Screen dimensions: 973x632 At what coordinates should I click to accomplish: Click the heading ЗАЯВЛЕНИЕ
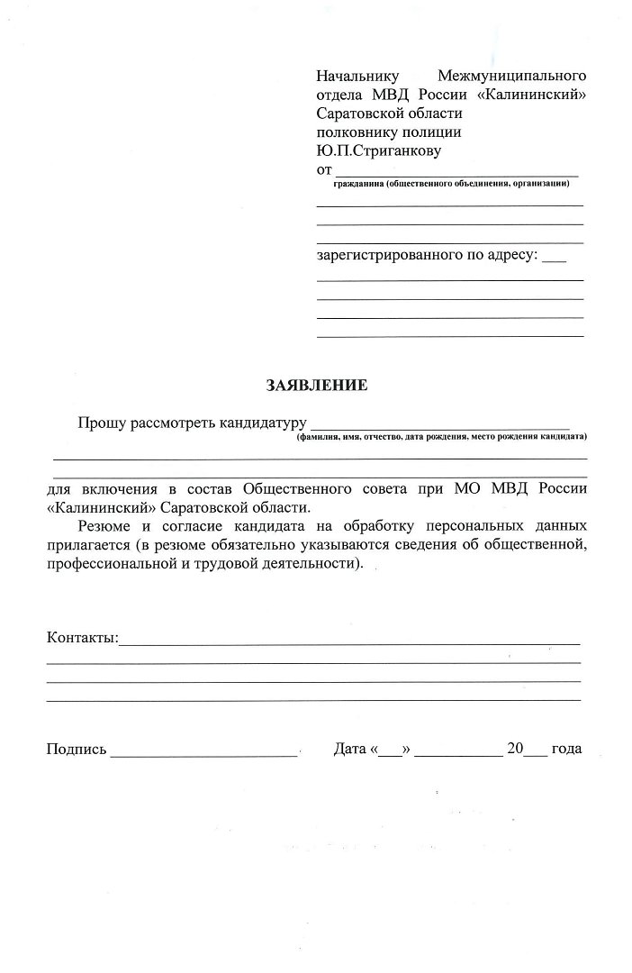(316, 386)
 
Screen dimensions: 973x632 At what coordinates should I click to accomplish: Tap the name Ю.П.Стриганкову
(378, 151)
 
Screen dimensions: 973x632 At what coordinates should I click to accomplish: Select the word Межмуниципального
(511, 75)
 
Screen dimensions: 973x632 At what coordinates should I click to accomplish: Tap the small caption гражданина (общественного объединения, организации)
(450, 184)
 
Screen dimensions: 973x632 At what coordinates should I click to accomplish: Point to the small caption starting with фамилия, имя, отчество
(441, 437)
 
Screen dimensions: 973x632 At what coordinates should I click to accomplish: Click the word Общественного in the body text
(294, 488)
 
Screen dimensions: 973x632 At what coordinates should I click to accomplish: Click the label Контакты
(82, 638)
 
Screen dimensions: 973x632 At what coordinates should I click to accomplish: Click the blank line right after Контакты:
(349, 642)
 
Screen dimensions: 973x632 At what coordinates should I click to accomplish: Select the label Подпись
(77, 750)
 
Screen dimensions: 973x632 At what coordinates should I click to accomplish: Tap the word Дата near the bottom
(349, 749)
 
